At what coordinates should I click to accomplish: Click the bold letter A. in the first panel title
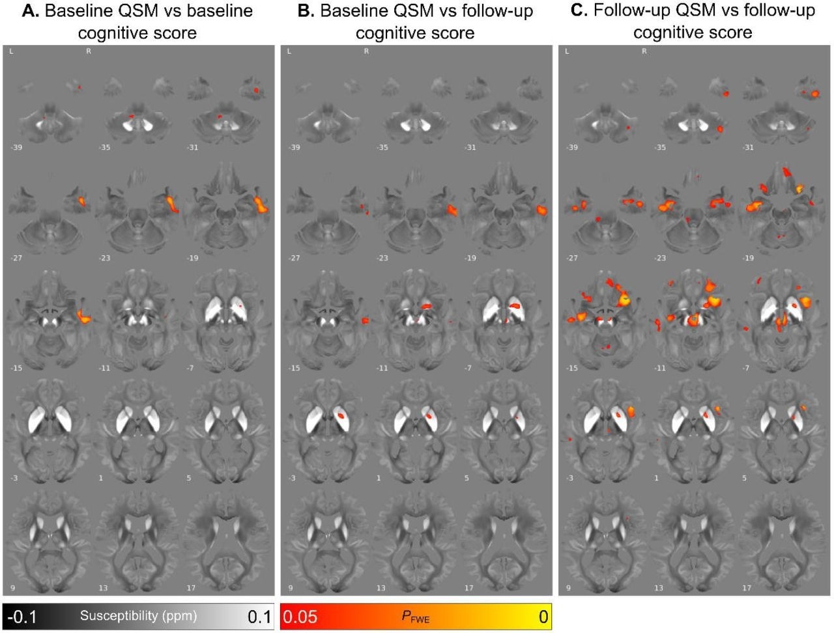pyautogui.click(x=29, y=11)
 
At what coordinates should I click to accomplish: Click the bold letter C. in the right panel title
pyautogui.click(x=578, y=11)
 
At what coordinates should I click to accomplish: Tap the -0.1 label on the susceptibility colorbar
pyautogui.click(x=22, y=616)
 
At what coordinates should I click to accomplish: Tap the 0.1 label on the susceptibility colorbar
pyautogui.click(x=259, y=616)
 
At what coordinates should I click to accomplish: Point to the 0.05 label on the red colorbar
pyautogui.click(x=300, y=616)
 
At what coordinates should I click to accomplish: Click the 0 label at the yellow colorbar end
pyautogui.click(x=543, y=616)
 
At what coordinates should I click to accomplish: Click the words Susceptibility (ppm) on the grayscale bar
pyautogui.click(x=138, y=615)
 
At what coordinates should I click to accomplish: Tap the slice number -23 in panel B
pyautogui.click(x=383, y=259)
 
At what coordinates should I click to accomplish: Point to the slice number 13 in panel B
pyautogui.click(x=381, y=588)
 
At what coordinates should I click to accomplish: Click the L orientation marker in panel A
pyautogui.click(x=12, y=51)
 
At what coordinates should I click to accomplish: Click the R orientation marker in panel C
pyautogui.click(x=644, y=51)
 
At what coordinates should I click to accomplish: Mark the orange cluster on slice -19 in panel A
pyautogui.click(x=261, y=204)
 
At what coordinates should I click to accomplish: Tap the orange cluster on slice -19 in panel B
pyautogui.click(x=541, y=210)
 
